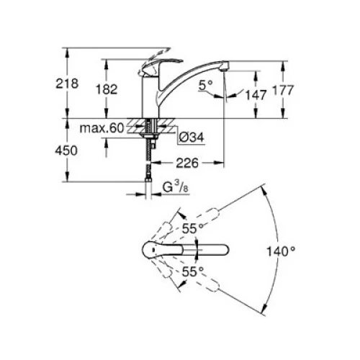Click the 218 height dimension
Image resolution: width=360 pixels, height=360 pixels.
pyautogui.click(x=67, y=84)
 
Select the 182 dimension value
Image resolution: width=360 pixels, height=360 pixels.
pyautogui.click(x=107, y=89)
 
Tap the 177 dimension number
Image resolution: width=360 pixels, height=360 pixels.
pyautogui.click(x=283, y=90)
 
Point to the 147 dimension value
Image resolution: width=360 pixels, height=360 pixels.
pyautogui.click(x=256, y=95)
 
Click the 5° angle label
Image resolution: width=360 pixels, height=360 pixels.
pyautogui.click(x=206, y=85)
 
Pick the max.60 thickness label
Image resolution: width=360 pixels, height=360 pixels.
pyautogui.click(x=102, y=128)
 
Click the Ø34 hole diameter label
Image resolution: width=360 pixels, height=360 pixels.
pyautogui.click(x=192, y=138)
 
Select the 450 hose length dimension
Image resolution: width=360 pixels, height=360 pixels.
pyautogui.click(x=66, y=150)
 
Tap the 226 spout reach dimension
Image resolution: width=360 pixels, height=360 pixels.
pyautogui.click(x=187, y=163)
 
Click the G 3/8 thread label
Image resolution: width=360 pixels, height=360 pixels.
pyautogui.click(x=176, y=187)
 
